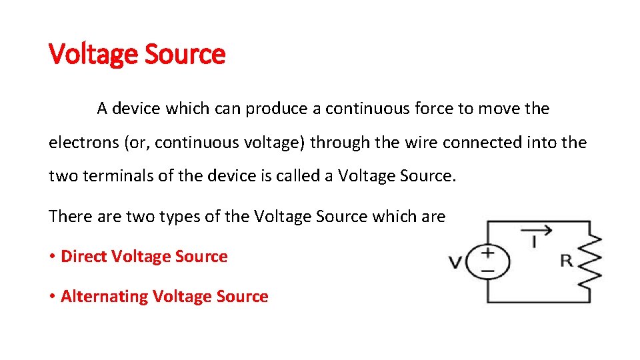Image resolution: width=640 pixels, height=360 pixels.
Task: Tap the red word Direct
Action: coord(84,257)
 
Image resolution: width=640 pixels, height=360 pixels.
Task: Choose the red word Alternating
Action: coord(104,297)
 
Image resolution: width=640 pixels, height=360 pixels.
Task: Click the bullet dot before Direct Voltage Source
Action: coord(52,257)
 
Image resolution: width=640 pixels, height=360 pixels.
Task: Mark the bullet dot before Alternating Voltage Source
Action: coord(52,297)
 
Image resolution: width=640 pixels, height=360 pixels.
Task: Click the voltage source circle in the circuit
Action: coord(487,261)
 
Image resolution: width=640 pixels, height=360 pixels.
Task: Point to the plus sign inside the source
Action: coord(487,253)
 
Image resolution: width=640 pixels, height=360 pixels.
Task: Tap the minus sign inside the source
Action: coord(487,271)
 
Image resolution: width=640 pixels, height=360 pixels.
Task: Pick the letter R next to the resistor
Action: coord(566,260)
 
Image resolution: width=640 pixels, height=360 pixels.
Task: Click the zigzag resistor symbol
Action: coord(591,261)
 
